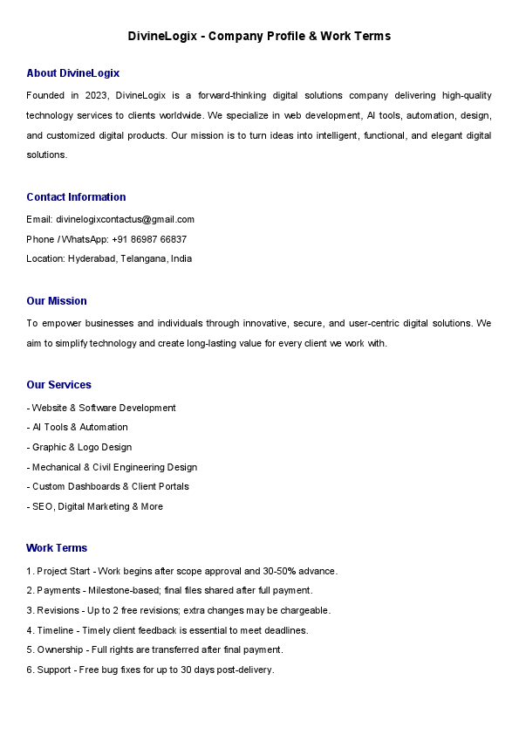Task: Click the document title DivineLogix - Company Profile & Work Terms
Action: click(259, 36)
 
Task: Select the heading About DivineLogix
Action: click(72, 73)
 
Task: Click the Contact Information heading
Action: click(76, 197)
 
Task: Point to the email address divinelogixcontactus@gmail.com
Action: click(125, 219)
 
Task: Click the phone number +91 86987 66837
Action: click(149, 239)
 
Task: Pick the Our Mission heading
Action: click(57, 301)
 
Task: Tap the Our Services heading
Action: click(58, 385)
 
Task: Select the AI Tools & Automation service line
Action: click(78, 427)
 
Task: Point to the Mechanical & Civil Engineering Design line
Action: click(112, 467)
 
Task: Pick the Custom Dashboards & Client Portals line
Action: click(108, 486)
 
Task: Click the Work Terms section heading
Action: click(57, 548)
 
